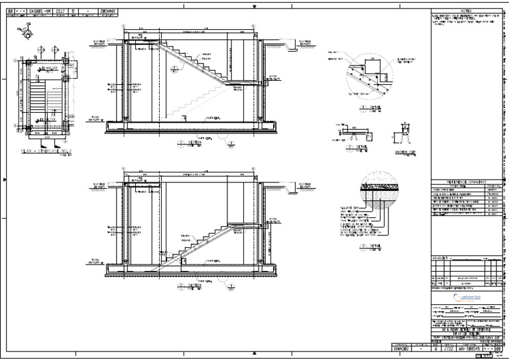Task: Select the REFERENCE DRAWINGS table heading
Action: [x=459, y=181]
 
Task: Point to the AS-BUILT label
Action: [x=439, y=255]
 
